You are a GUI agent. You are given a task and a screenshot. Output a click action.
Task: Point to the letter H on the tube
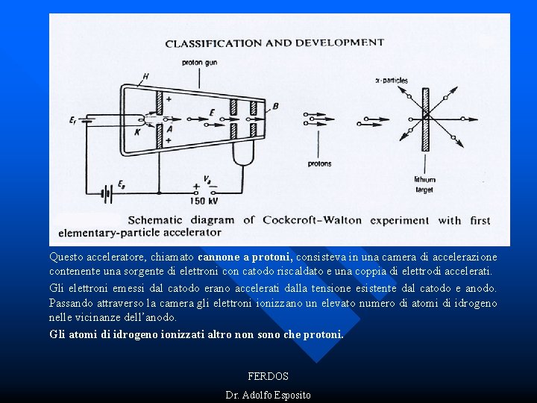click(144, 76)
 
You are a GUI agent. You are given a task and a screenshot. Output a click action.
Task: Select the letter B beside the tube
click(275, 106)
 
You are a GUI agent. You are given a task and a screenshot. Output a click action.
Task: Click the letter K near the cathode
click(138, 132)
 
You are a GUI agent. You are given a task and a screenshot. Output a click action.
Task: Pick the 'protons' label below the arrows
click(319, 164)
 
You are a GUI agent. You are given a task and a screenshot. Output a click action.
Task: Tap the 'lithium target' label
click(424, 184)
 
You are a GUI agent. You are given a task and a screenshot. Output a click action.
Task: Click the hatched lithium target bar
click(426, 119)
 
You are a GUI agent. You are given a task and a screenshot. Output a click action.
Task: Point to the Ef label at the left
click(72, 119)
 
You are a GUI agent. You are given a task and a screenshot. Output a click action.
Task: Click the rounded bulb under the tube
click(242, 154)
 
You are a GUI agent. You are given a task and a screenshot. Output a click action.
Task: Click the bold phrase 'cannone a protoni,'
click(246, 257)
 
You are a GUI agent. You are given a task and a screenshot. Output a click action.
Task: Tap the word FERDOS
click(268, 376)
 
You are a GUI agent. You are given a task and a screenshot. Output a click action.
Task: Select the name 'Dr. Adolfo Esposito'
click(268, 395)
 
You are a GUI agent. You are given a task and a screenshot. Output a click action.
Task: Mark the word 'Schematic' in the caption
click(159, 220)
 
